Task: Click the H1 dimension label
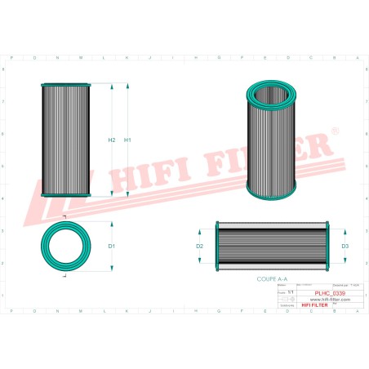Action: click(x=127, y=140)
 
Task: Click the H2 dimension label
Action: click(x=112, y=140)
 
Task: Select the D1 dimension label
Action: click(x=112, y=246)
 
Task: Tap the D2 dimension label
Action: click(x=199, y=246)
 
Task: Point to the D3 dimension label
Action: click(x=345, y=246)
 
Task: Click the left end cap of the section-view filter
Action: click(x=215, y=246)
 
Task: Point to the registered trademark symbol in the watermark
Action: click(x=333, y=131)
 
